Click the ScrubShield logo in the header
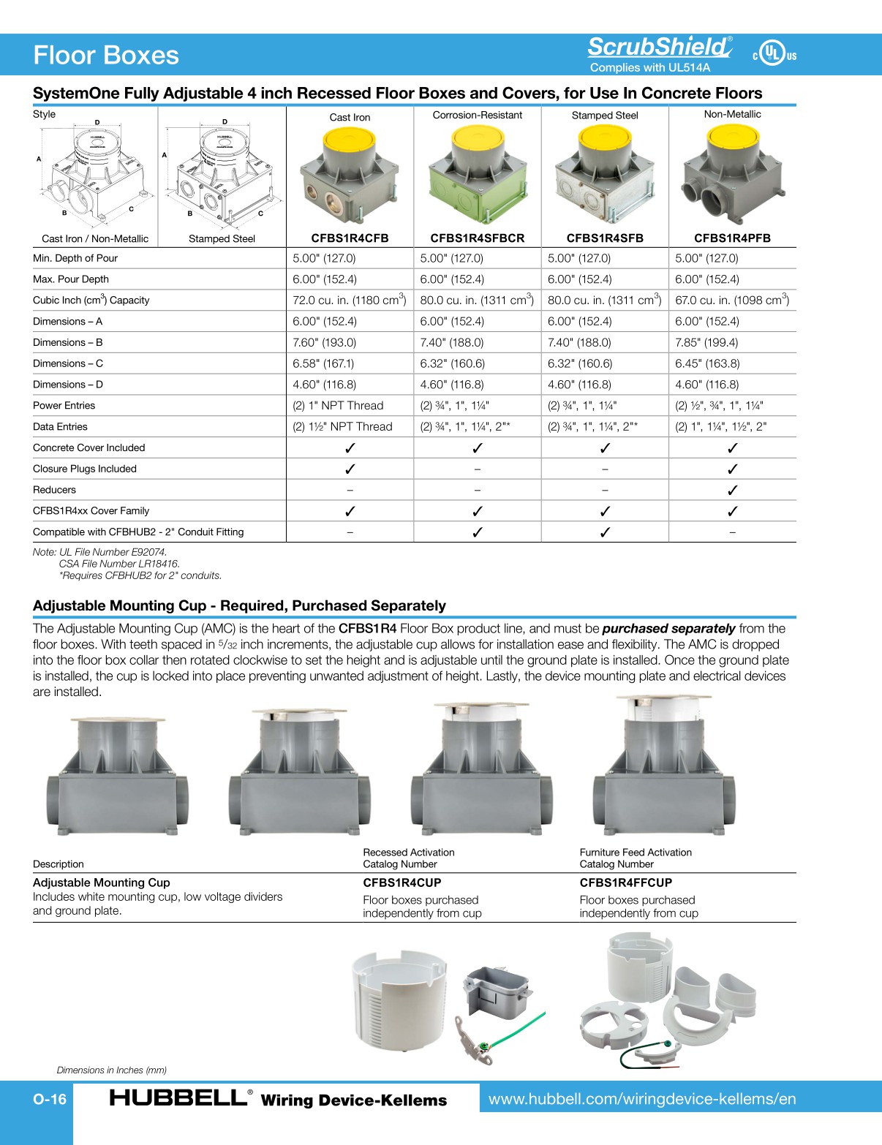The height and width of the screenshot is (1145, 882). (x=659, y=48)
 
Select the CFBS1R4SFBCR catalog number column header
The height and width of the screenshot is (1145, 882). (x=477, y=238)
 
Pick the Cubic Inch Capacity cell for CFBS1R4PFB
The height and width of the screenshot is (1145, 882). (x=731, y=300)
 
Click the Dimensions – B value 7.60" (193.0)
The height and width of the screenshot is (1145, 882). (x=324, y=342)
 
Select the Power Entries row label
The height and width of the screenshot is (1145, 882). (x=64, y=406)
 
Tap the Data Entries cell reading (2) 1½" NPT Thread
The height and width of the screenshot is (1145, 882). (x=342, y=427)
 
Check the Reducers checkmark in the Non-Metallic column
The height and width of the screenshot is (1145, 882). (x=732, y=490)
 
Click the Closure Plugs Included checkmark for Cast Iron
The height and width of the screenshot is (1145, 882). (x=350, y=469)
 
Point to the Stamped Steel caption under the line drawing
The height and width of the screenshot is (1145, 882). (x=222, y=239)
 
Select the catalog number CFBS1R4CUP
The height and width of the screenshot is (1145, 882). (x=402, y=883)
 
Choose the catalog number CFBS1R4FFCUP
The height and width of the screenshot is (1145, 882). (x=625, y=883)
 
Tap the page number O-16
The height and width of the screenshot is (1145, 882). (x=50, y=1099)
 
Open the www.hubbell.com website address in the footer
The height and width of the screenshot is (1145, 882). (x=641, y=1099)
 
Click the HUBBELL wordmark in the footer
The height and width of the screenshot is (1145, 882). (x=178, y=1097)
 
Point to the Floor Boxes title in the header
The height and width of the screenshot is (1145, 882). (x=106, y=56)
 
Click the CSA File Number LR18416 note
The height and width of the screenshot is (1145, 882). (x=119, y=564)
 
